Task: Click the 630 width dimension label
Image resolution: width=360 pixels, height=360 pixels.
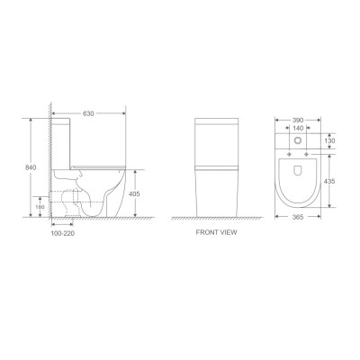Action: [x=89, y=114]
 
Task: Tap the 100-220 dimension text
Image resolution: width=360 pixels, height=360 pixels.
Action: [x=64, y=232]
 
